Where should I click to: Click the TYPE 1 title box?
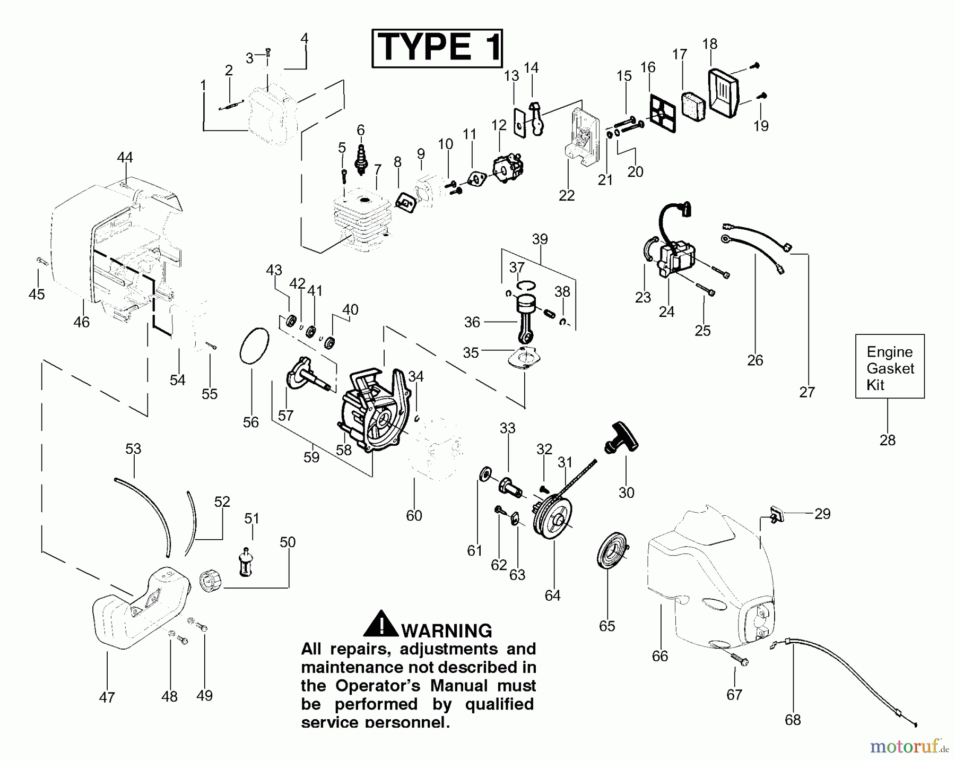coord(437,48)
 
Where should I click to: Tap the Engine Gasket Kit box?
coord(890,367)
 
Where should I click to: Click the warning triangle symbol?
coord(380,624)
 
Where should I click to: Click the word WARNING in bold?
coord(447,631)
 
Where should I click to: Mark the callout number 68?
coord(793,720)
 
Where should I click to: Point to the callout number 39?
coord(540,239)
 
